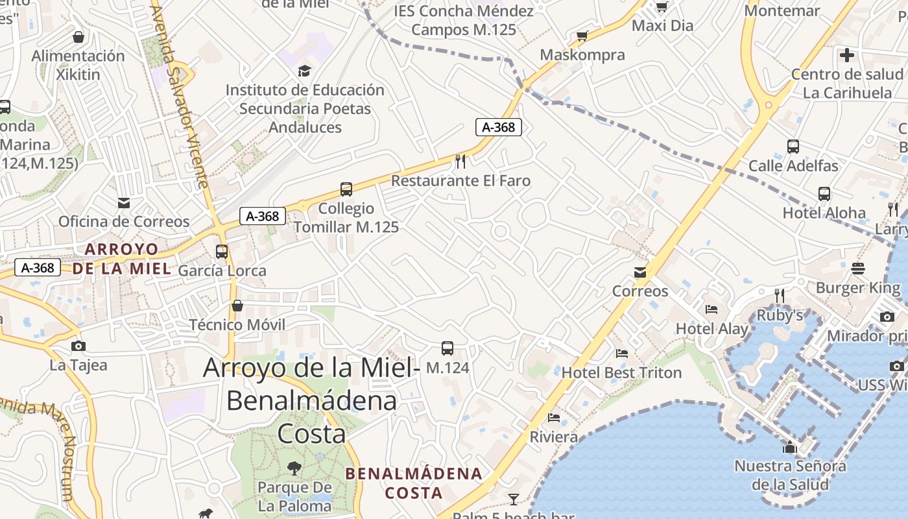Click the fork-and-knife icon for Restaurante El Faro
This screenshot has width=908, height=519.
pyautogui.click(x=460, y=160)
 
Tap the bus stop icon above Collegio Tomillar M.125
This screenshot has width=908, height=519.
pyautogui.click(x=346, y=189)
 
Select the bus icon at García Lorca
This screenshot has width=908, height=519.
pyautogui.click(x=222, y=251)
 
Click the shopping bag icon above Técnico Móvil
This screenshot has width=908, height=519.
pyautogui.click(x=237, y=306)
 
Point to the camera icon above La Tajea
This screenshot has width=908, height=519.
pyautogui.click(x=78, y=346)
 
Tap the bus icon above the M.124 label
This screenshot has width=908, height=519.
pyautogui.click(x=448, y=348)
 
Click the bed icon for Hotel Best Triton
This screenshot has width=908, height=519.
pyautogui.click(x=621, y=354)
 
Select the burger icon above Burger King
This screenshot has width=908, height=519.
pyautogui.click(x=858, y=268)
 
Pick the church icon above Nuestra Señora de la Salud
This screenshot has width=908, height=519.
pyautogui.click(x=790, y=447)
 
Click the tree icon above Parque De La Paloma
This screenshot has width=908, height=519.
pyautogui.click(x=294, y=468)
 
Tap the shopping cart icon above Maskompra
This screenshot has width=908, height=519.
pyautogui.click(x=582, y=36)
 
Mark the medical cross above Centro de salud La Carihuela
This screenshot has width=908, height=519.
pyautogui.click(x=847, y=55)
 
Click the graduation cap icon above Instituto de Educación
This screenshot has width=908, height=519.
pyautogui.click(x=304, y=71)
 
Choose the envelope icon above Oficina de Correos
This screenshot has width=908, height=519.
pyautogui.click(x=124, y=203)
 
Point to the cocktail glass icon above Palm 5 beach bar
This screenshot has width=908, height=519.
pyautogui.click(x=514, y=499)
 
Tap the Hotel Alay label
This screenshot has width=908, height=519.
pyautogui.click(x=712, y=329)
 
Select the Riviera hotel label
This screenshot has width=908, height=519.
pyautogui.click(x=554, y=437)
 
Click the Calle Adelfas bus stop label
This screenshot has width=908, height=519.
pyautogui.click(x=793, y=166)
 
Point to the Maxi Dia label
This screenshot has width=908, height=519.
pyautogui.click(x=662, y=26)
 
